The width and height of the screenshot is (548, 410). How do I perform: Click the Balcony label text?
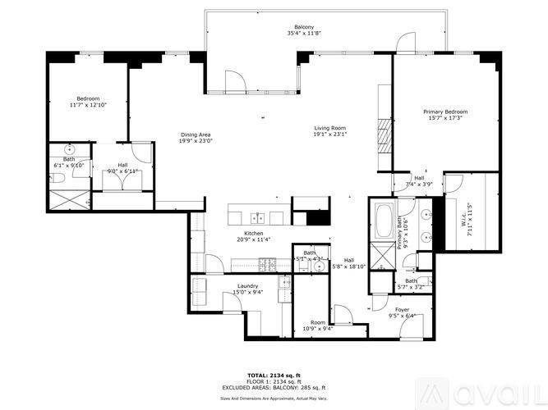coord(298,26)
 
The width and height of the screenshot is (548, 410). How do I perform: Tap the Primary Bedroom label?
coord(445,112)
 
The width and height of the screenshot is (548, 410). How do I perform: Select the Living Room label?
coord(330,128)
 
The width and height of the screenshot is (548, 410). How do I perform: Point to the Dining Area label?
coord(196,134)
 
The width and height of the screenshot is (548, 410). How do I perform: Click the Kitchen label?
coord(253,233)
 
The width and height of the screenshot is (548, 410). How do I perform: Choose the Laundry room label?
coord(248,285)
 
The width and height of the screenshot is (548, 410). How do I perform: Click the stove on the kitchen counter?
coord(268,263)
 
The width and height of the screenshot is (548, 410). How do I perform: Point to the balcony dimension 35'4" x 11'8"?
coord(298,34)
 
